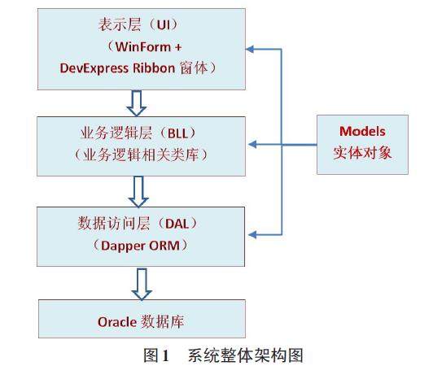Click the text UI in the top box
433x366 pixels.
coord(164,25)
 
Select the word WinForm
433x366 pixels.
coord(143,47)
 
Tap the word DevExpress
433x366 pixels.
coord(94,68)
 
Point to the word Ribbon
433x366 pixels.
coord(154,68)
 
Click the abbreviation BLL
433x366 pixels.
coord(177,133)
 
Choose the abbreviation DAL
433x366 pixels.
coord(177,224)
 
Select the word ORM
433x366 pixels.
coord(164,246)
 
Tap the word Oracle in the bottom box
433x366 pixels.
coord(117,322)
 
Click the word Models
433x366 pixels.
coord(362,131)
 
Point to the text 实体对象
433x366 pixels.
coord(362,152)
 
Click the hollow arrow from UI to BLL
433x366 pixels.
coord(137,103)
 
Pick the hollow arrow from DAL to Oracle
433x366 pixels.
coord(142,285)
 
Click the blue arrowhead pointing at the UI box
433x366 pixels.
coord(250,49)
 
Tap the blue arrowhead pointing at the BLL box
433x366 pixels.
coord(252,144)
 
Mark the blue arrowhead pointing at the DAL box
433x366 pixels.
coord(252,234)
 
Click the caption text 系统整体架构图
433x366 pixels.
coord(246,355)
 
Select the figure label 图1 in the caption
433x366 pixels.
coord(156,355)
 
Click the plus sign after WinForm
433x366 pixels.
coord(178,47)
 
